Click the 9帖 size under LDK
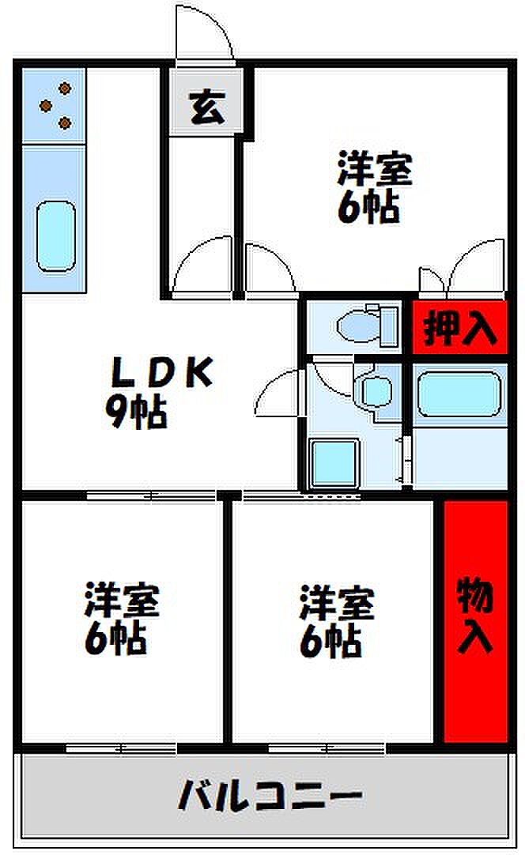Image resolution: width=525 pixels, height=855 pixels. coord(136,411)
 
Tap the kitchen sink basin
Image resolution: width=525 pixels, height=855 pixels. coord(56,235)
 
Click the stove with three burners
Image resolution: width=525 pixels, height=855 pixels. coord(53,106)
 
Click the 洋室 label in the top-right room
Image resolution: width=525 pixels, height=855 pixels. coord(375,168)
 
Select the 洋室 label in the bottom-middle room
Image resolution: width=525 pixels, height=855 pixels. coord(336,605)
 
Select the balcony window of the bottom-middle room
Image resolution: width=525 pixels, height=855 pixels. coord(326,747)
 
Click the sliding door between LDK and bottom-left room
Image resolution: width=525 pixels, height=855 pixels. coord(150,495)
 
